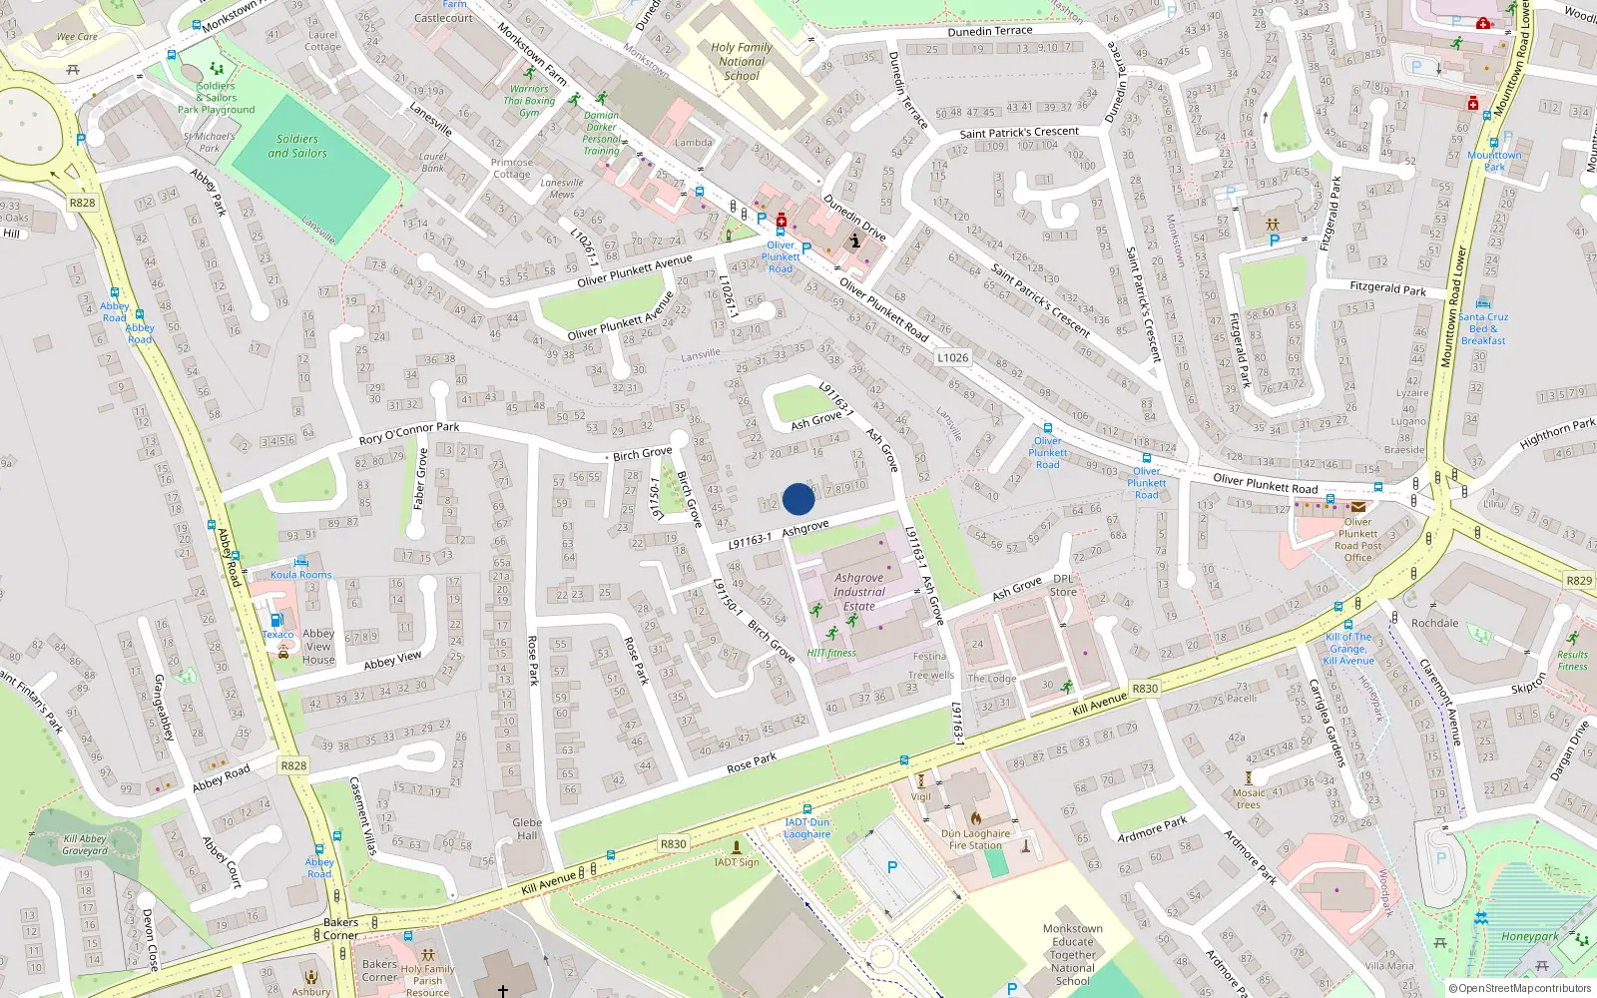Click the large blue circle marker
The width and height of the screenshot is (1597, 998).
tap(798, 499)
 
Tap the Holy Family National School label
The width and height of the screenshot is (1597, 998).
tap(741, 61)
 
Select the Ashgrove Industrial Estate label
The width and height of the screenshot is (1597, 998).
tap(859, 592)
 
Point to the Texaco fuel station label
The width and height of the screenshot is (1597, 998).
tap(277, 635)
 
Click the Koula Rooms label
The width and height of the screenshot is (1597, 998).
tap(300, 575)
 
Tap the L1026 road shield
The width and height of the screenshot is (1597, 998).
tap(952, 357)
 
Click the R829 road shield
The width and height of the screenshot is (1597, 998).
tap(1579, 580)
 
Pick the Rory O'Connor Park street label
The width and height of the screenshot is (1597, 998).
tap(409, 433)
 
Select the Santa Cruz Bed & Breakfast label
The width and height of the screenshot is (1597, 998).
tap(1483, 328)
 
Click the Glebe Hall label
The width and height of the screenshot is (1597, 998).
tap(527, 829)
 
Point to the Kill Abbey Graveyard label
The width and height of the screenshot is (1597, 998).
tap(85, 844)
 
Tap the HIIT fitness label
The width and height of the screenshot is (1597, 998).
tap(831, 653)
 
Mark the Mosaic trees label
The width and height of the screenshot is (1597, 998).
tap(1249, 798)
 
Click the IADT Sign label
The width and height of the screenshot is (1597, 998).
tap(737, 862)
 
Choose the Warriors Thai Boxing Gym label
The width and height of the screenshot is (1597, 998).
tap(529, 101)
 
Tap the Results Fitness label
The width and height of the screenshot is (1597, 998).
tap(1572, 661)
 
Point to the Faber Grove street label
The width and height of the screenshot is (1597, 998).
tap(420, 478)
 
